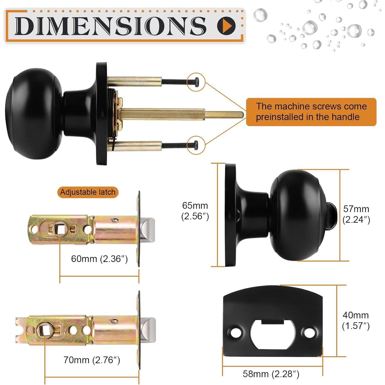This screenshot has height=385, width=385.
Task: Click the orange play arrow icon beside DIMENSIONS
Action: click(226, 26)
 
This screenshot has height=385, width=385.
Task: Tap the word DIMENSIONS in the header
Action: click(110, 26)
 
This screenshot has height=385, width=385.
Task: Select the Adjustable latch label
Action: click(88, 192)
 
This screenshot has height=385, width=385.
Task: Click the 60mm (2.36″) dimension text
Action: click(99, 259)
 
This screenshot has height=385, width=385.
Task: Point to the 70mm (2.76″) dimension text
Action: click(92, 360)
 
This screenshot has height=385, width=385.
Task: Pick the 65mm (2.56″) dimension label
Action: click(195, 211)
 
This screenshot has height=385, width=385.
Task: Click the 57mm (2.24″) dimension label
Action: click(356, 214)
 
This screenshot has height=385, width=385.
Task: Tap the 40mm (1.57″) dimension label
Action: click(356, 320)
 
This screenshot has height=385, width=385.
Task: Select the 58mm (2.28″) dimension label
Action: click(271, 374)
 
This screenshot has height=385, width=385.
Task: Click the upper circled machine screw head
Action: click(196, 82)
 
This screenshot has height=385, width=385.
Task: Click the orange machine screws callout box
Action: click(311, 112)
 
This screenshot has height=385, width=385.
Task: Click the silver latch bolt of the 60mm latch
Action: click(148, 230)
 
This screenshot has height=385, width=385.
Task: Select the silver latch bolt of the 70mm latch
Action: click(149, 330)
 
